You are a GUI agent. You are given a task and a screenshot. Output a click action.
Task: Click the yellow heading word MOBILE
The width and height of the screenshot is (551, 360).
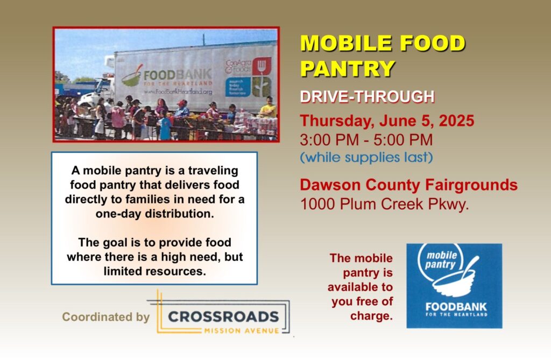coord(346,43)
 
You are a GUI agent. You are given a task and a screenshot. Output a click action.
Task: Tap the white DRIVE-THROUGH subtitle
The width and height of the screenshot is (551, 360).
coord(367,97)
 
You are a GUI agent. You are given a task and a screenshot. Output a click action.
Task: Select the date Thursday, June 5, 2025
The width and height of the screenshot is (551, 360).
coord(387,121)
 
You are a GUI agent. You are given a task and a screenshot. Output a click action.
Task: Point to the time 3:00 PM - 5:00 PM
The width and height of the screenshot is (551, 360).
coord(366,139)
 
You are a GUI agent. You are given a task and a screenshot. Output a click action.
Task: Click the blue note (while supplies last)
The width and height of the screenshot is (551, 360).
coord(366,157)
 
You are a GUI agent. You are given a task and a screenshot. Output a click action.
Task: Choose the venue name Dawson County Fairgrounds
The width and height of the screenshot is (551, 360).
coord(409,185)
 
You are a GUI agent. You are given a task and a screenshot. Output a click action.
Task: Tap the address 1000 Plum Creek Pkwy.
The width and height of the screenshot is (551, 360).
coord(385,204)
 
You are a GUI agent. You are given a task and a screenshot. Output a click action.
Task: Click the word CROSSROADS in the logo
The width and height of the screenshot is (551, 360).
coord(223,316)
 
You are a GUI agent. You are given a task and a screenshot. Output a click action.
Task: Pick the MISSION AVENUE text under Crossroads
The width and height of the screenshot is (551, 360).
coord(242,330)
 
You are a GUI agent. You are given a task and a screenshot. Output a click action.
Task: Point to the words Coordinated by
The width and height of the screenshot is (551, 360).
coord(106,317)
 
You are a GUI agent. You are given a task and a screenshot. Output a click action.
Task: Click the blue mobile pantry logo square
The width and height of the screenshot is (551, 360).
coord(454,286)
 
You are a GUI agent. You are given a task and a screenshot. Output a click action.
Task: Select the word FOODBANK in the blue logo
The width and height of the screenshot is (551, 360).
coord(456,307)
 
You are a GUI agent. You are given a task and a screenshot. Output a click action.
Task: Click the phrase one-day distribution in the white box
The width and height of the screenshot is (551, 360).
coord(154,214)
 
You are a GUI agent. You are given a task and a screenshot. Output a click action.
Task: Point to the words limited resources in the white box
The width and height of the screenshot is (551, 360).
coord(154,271)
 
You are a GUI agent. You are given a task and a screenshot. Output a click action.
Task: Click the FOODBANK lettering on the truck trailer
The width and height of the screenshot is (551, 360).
coord(178,75)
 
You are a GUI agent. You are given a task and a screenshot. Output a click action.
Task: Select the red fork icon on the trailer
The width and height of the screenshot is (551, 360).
coord(262,66)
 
